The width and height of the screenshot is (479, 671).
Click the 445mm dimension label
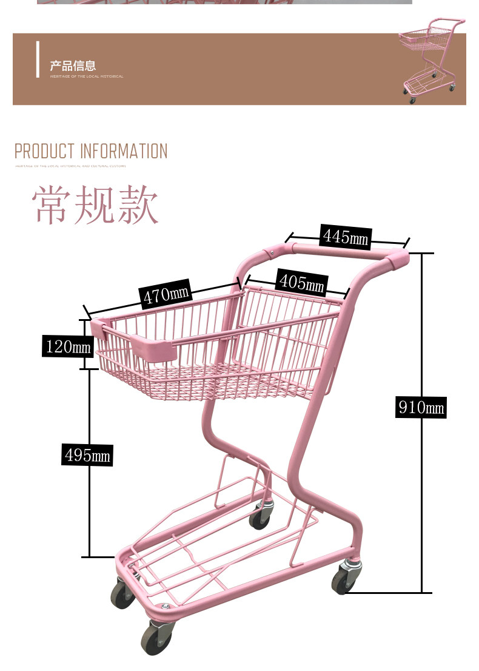345,236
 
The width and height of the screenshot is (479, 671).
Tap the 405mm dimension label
301,282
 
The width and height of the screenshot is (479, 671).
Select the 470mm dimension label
166,295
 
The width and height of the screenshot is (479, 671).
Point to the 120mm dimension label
68,346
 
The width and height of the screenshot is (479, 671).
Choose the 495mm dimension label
87,454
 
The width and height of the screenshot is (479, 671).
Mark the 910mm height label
421,406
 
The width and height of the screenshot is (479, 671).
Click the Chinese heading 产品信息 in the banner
73,66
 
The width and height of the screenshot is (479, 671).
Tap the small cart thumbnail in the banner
430,61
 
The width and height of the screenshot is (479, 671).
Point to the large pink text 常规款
96,206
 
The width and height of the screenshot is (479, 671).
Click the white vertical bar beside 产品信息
38,59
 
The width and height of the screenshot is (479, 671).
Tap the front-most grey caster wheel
158,638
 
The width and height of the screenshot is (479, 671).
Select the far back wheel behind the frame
261,516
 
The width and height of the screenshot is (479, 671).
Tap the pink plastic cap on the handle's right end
398,259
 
